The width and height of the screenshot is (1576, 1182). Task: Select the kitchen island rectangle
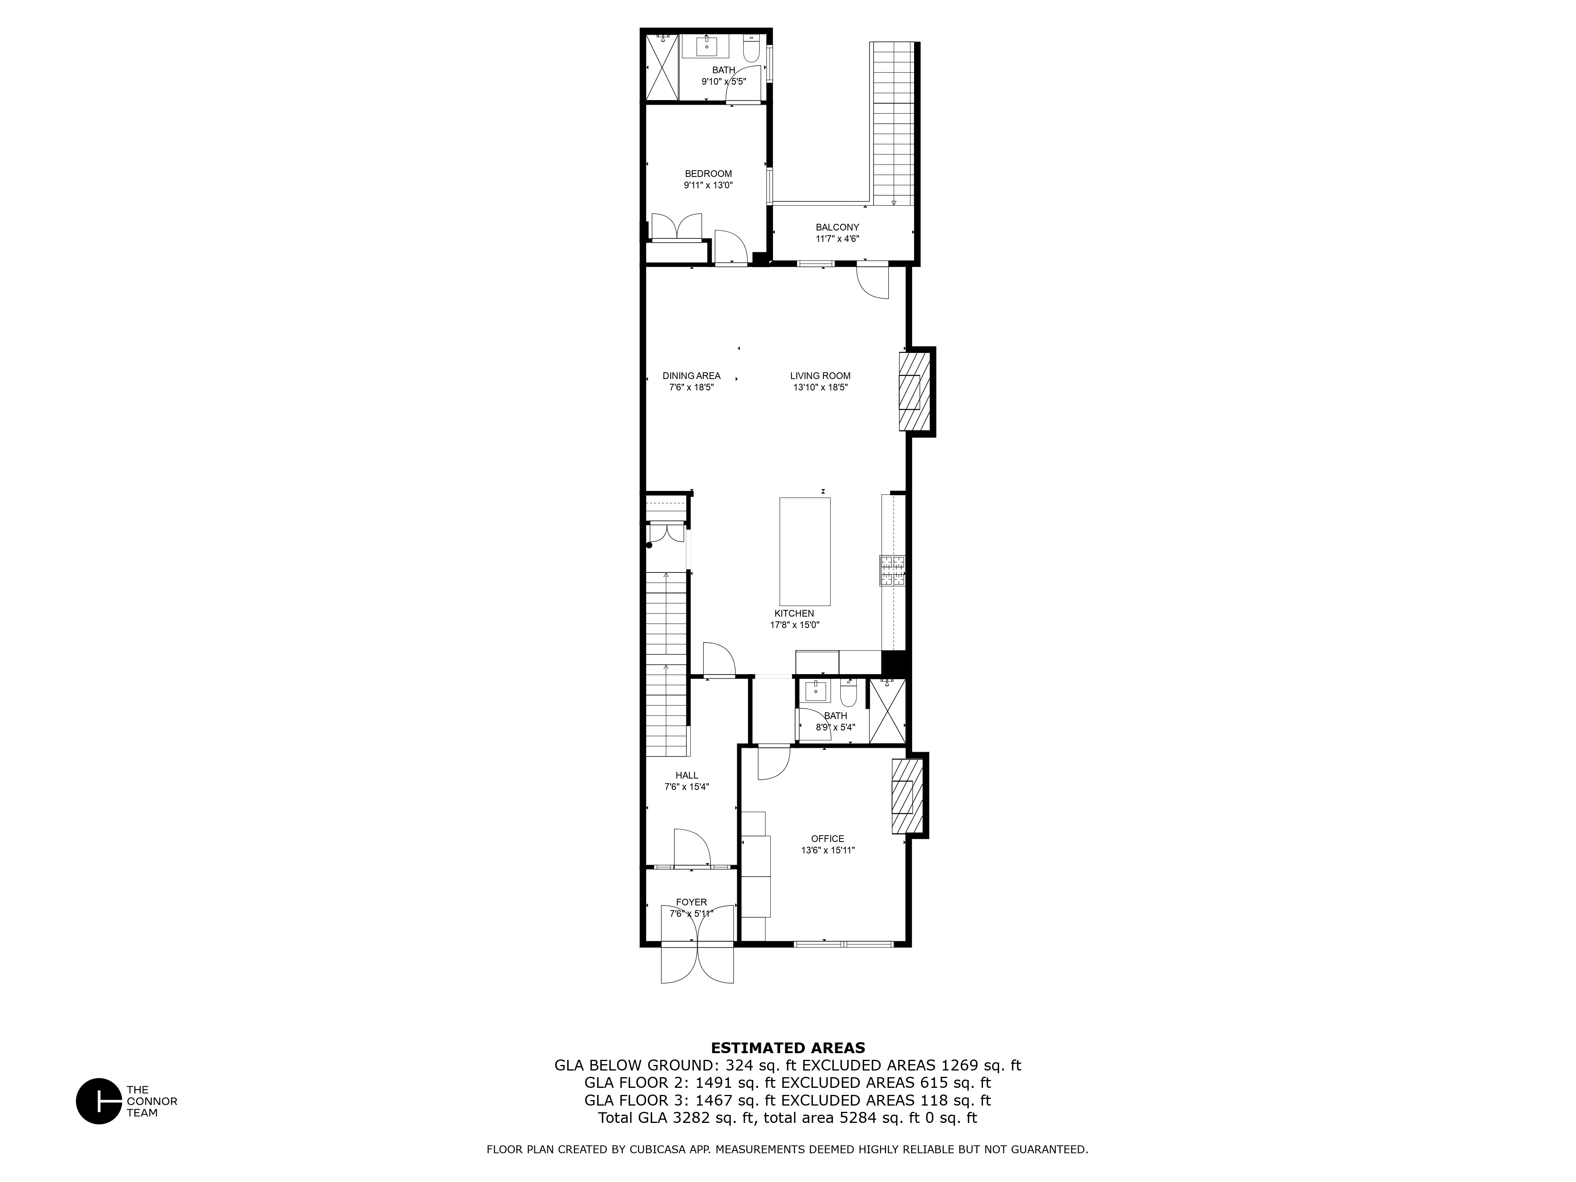coord(805,552)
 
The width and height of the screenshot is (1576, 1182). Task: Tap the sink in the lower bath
coord(816,690)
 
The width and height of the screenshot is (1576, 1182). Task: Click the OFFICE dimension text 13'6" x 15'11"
coord(828,850)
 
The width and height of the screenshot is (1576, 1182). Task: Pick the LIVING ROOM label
coord(820,375)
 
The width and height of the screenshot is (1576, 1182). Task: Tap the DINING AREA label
coord(691,375)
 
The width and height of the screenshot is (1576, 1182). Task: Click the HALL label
coord(687,775)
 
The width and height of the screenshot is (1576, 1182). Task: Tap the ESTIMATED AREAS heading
coord(788,1048)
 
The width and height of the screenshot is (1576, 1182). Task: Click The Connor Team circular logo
coord(99,1101)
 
